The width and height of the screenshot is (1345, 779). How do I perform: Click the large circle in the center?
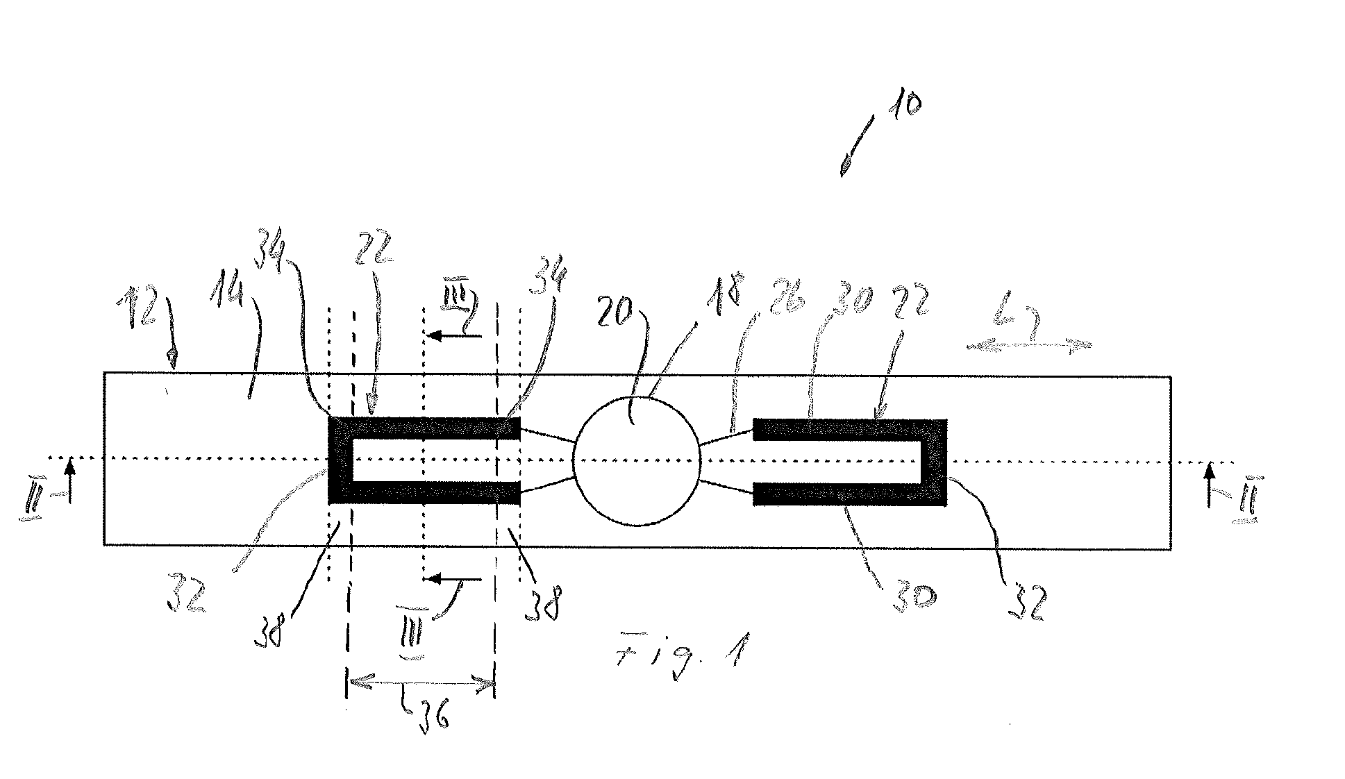point(636,460)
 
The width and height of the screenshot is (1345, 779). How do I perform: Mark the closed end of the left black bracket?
point(340,460)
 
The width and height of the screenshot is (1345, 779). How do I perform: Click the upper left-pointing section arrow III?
point(454,336)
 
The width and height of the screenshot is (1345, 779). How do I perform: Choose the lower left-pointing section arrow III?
point(454,578)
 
